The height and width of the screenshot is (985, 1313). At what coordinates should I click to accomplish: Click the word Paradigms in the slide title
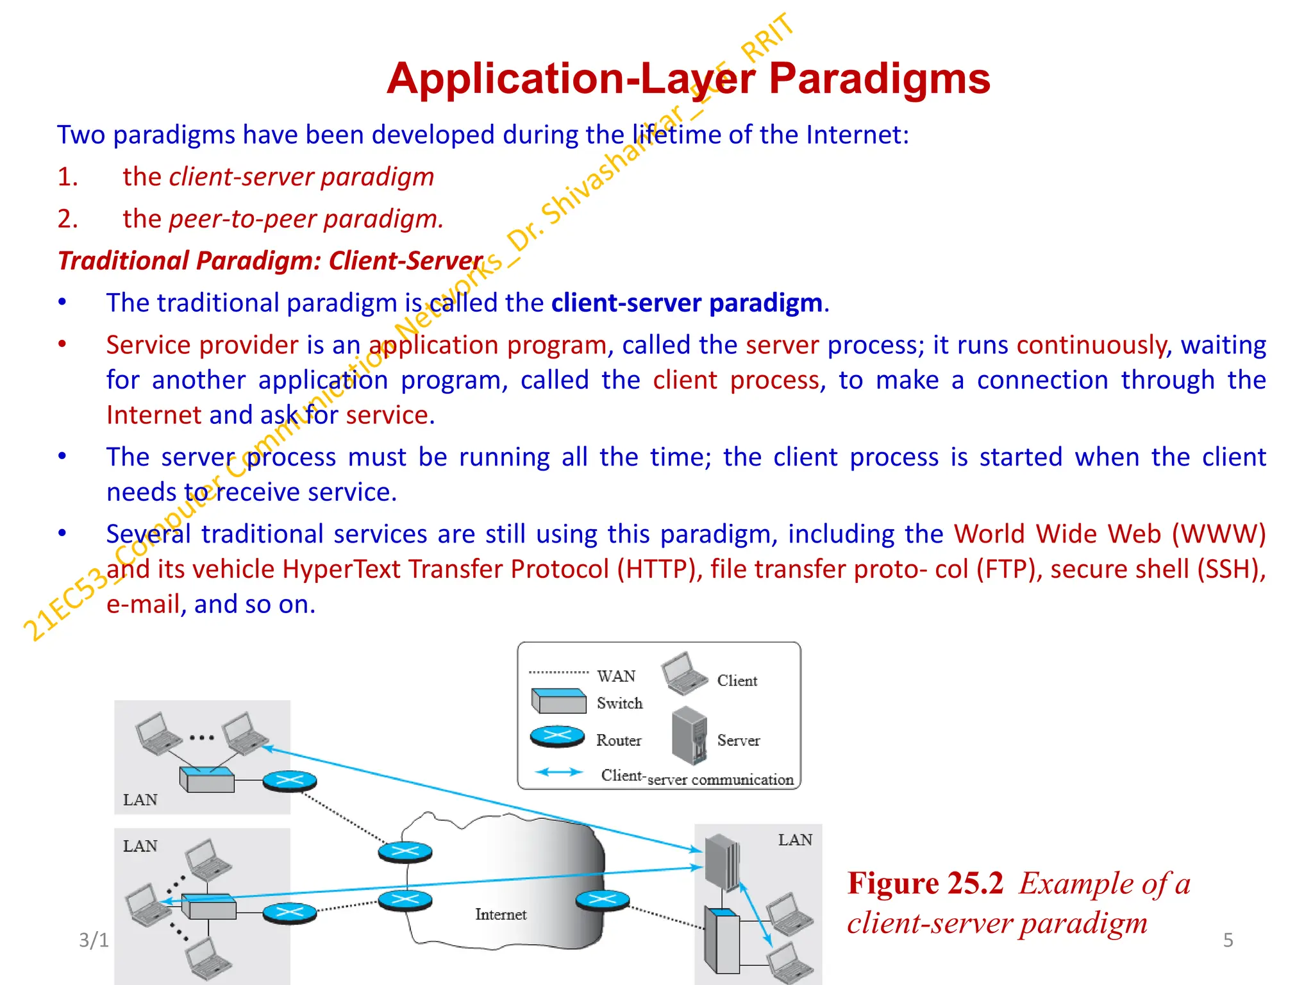(x=879, y=79)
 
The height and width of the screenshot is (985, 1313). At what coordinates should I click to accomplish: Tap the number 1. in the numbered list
(x=68, y=177)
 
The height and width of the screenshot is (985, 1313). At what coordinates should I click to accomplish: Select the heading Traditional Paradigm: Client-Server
(x=270, y=261)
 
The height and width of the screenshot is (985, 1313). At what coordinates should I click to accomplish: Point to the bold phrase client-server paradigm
(x=687, y=303)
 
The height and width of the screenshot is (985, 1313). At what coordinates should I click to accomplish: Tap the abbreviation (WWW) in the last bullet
(x=1218, y=534)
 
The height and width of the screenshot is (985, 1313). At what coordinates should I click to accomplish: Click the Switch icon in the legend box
(x=558, y=701)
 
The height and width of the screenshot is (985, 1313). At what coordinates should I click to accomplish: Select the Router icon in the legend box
(x=557, y=737)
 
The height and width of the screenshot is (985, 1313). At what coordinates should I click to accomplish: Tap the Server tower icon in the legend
(x=690, y=736)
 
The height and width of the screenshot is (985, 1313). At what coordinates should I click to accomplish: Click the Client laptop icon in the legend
(x=685, y=673)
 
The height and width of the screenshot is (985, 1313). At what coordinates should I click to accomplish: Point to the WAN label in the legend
(x=616, y=677)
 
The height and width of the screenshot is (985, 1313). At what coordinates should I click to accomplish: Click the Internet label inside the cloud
(x=501, y=914)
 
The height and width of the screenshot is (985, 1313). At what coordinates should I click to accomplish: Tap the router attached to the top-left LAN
(x=290, y=781)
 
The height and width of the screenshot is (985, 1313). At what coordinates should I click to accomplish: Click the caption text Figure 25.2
(x=924, y=884)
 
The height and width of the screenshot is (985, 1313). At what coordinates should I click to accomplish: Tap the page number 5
(x=1228, y=940)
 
